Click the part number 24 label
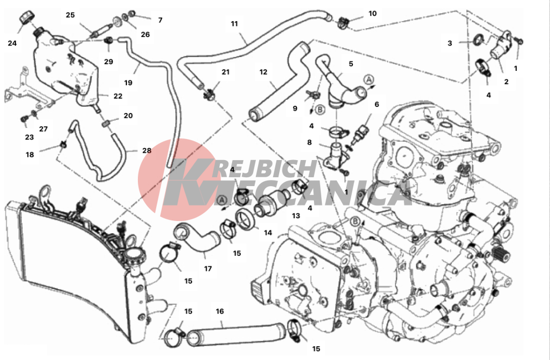point(12,43)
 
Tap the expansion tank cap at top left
point(27,17)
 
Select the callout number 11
point(234,23)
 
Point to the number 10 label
point(373,13)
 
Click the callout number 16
point(219,311)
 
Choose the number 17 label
point(208,269)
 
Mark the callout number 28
point(147,150)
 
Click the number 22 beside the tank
point(118,96)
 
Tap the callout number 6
point(377,104)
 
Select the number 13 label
point(296,215)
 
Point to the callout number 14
point(268,232)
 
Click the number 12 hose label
point(263,72)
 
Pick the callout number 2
point(506,81)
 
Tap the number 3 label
point(450,43)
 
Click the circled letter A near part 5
point(368,79)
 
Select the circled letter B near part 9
point(320,110)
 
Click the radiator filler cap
point(135,253)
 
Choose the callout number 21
point(225,71)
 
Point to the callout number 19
point(128,83)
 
